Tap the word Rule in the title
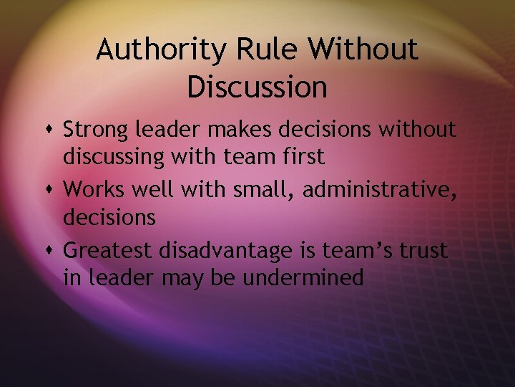(253, 50)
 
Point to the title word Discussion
(257, 87)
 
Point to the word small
(263, 191)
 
